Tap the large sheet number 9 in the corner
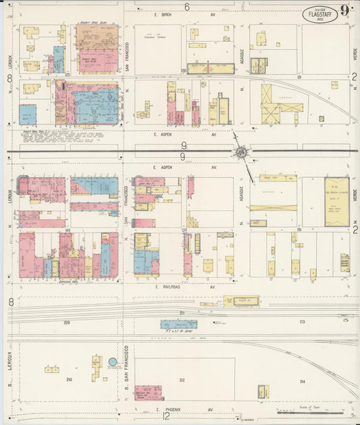[x=344, y=10]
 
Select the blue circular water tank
[x=113, y=362]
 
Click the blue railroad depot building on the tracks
[x=178, y=324]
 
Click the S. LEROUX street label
[x=10, y=366]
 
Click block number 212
[x=182, y=380]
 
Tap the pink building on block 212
[x=147, y=393]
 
